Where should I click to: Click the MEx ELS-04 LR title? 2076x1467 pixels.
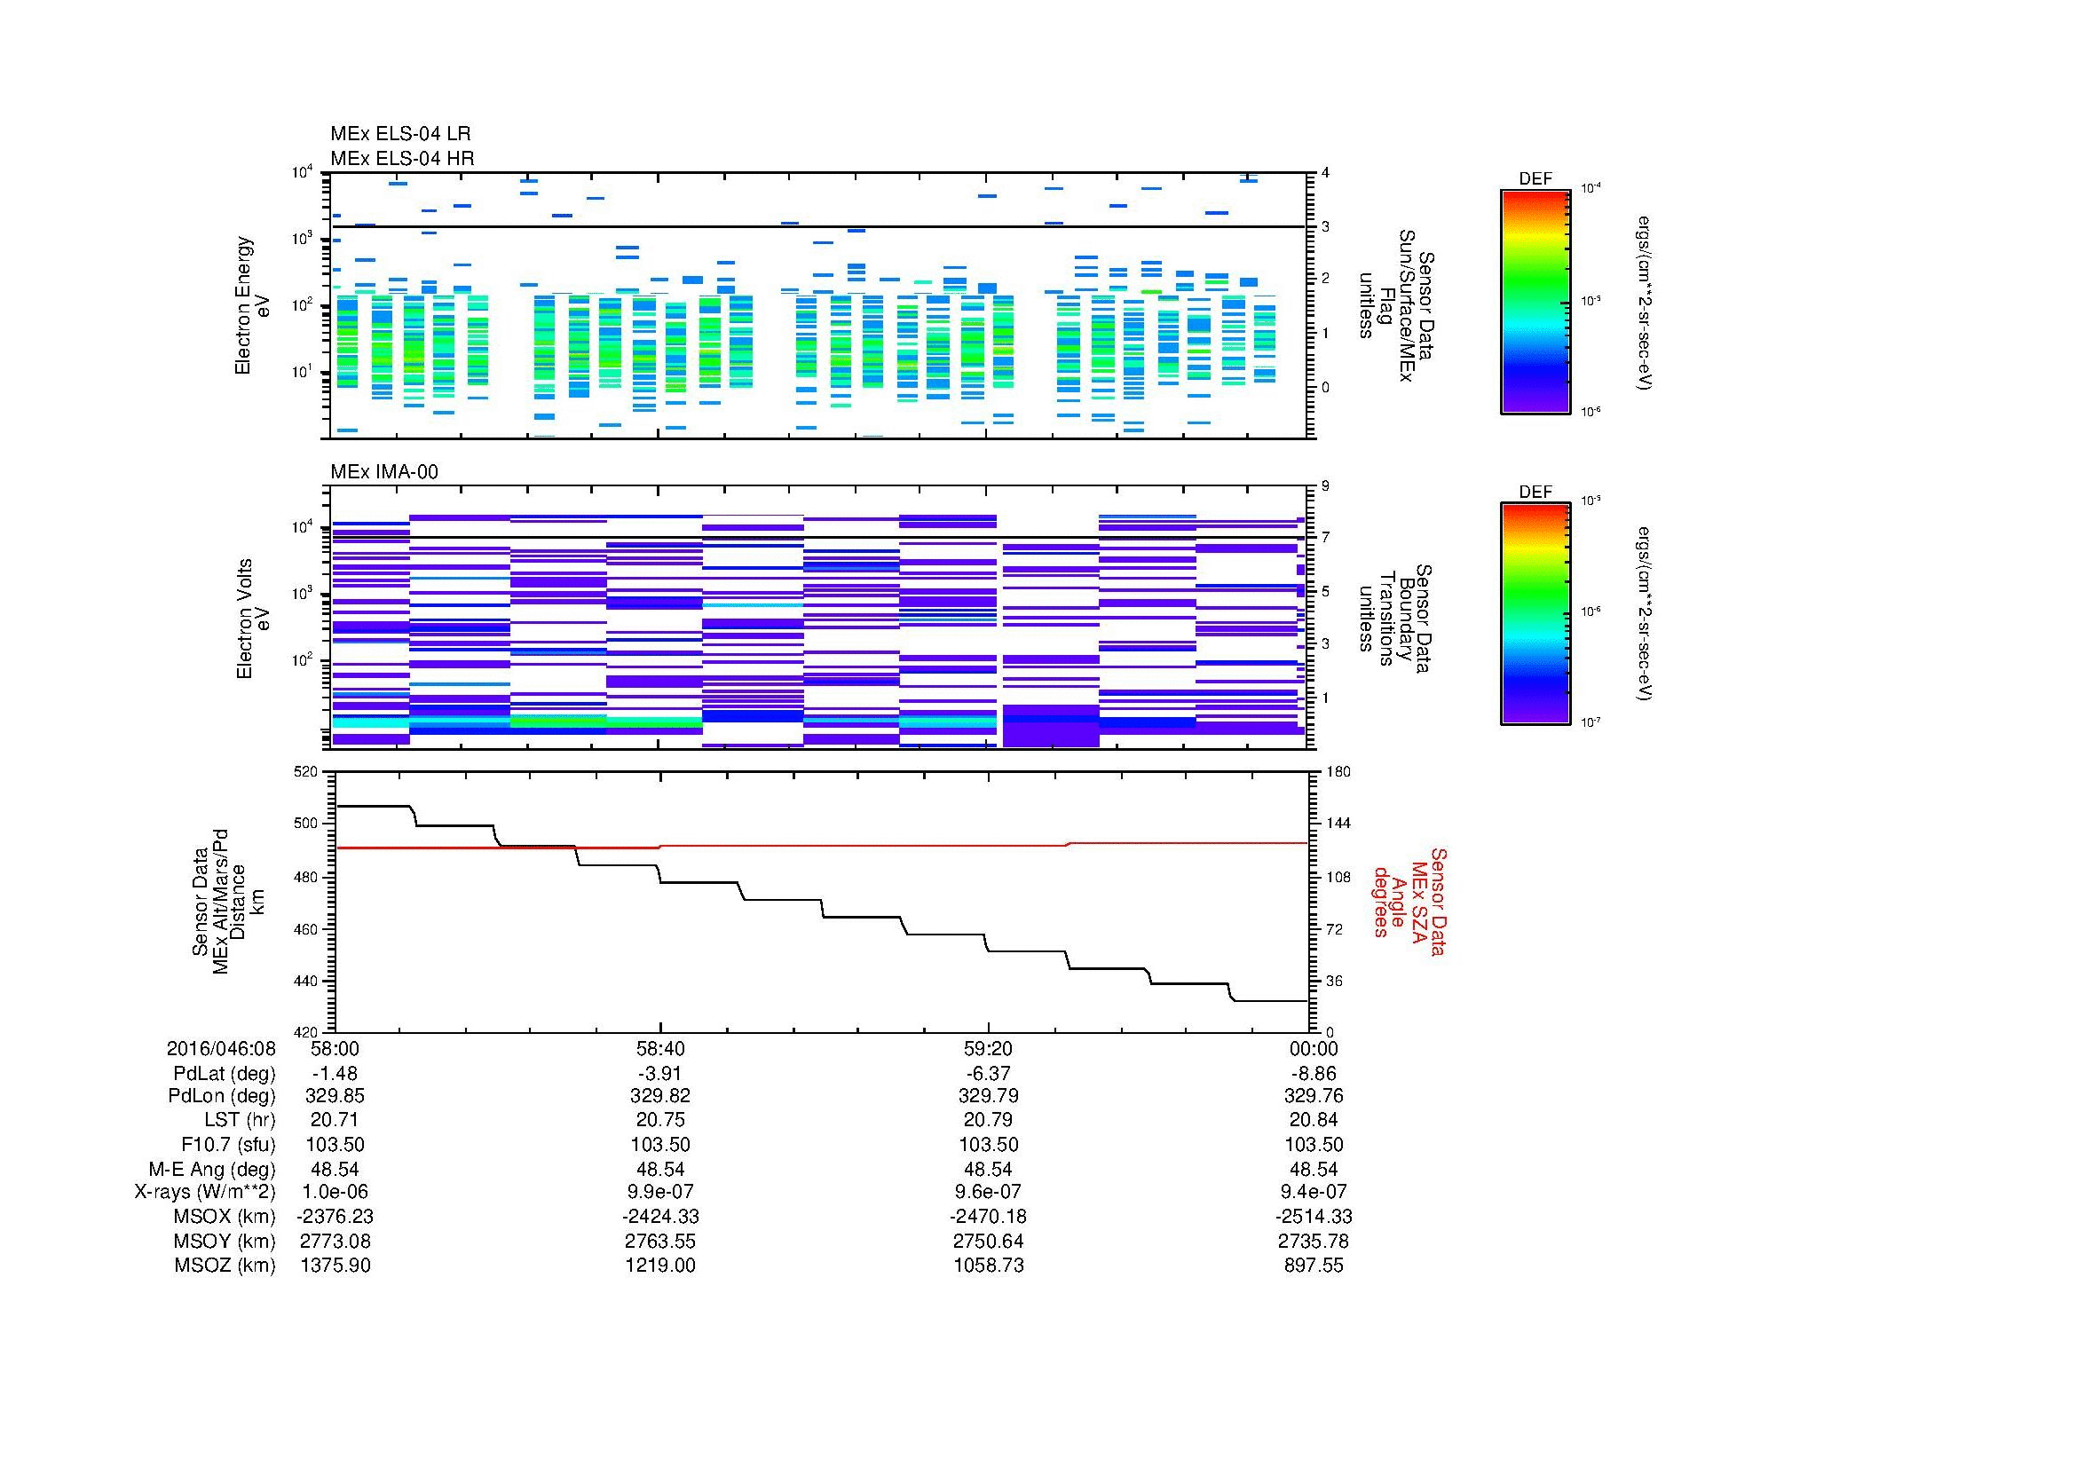click(399, 134)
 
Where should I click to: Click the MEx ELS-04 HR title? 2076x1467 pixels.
click(401, 158)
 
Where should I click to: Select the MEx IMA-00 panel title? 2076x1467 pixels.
click(383, 472)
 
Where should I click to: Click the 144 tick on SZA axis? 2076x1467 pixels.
click(1338, 824)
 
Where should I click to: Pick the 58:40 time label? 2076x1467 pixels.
click(660, 1048)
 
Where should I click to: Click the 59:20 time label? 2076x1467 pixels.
click(988, 1048)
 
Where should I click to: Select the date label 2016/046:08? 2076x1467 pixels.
click(221, 1048)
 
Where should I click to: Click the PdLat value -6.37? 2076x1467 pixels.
click(988, 1074)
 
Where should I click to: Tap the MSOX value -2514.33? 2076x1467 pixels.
click(1314, 1217)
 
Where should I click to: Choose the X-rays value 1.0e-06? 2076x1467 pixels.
click(335, 1192)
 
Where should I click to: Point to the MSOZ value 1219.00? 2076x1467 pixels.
click(660, 1266)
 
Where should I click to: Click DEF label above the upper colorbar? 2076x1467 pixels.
click(1535, 179)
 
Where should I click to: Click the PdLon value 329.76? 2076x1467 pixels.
click(1314, 1095)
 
